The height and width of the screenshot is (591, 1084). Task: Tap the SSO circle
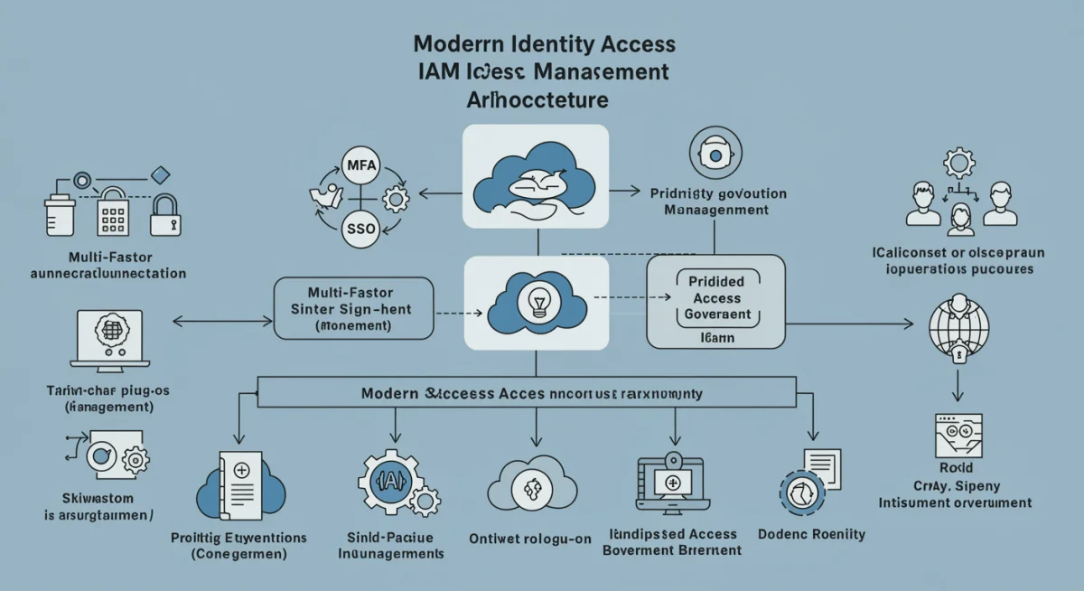click(360, 229)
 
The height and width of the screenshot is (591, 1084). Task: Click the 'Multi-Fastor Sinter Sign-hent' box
click(352, 309)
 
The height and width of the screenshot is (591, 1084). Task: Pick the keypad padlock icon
click(114, 213)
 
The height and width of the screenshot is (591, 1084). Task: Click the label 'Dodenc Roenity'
click(812, 534)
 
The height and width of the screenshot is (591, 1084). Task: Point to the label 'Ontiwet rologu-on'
click(530, 539)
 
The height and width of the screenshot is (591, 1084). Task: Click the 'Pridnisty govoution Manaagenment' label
click(718, 202)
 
